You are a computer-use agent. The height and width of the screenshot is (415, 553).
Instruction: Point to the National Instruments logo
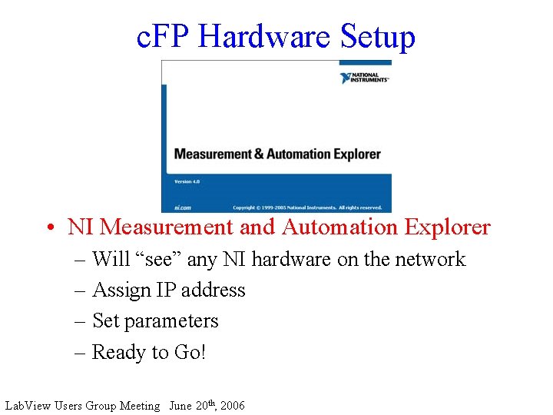click(x=365, y=78)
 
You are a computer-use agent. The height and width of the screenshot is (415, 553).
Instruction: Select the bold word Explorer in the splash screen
click(x=357, y=154)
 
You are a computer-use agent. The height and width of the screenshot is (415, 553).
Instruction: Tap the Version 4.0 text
click(x=187, y=182)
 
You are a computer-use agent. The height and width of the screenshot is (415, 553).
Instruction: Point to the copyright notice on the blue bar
click(x=307, y=207)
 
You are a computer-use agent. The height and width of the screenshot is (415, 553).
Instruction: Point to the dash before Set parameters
click(x=81, y=321)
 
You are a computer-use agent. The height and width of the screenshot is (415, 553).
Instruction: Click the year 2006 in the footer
click(x=232, y=406)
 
